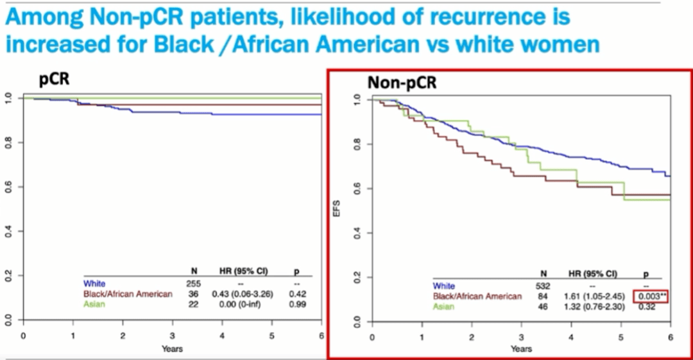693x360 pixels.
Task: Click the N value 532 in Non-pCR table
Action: pyautogui.click(x=543, y=286)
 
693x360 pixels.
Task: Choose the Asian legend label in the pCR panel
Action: pyautogui.click(x=95, y=305)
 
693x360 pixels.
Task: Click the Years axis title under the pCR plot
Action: pyautogui.click(x=172, y=348)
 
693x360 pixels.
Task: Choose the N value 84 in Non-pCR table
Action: pyautogui.click(x=543, y=297)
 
